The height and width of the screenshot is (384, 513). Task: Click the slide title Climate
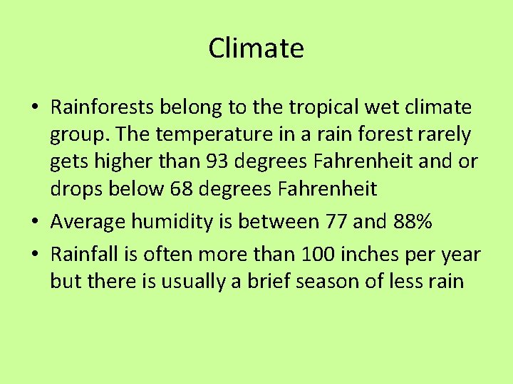point(256,48)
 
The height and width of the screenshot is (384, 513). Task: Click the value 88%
point(413,222)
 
